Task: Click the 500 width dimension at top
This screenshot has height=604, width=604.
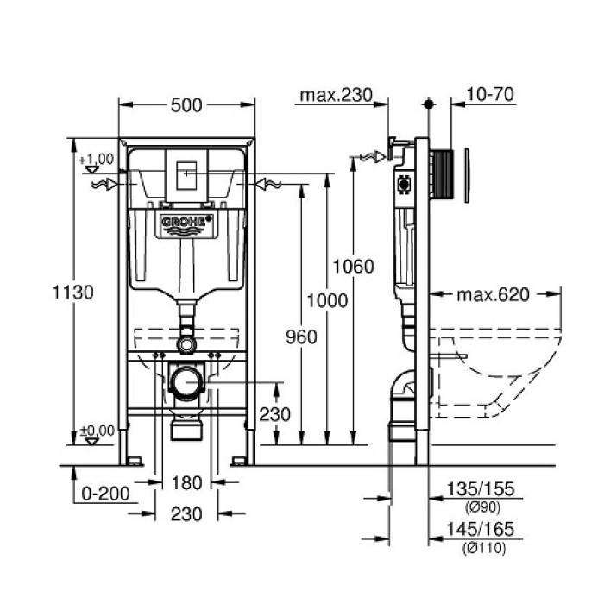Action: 186,105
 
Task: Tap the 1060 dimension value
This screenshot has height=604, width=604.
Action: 354,266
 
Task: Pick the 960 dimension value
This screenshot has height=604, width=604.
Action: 299,336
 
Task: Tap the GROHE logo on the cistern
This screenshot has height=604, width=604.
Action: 186,223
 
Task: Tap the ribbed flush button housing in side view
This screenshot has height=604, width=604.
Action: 443,179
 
